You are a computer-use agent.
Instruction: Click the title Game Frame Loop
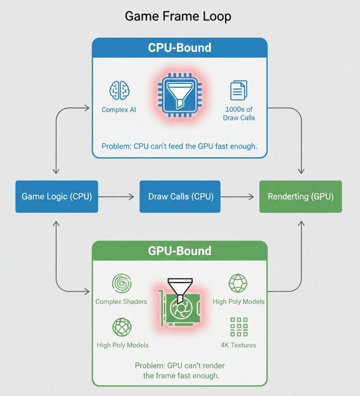(178, 16)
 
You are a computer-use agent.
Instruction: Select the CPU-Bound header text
(179, 48)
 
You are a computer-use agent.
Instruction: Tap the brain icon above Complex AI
(119, 90)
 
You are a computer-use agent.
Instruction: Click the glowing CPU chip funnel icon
(180, 94)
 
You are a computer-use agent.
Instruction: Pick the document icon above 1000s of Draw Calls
(238, 91)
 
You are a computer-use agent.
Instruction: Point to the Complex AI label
(119, 109)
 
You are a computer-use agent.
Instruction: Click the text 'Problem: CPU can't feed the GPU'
(179, 146)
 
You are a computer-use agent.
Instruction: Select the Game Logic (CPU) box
(57, 196)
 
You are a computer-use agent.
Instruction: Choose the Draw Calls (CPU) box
(180, 196)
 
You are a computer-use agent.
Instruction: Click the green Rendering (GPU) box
(301, 196)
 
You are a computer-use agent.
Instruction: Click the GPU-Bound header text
(179, 251)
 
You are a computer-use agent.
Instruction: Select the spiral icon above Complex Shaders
(121, 284)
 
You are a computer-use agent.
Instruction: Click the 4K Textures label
(238, 345)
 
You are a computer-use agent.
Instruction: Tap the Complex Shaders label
(121, 302)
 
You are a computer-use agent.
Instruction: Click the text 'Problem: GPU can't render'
(179, 365)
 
